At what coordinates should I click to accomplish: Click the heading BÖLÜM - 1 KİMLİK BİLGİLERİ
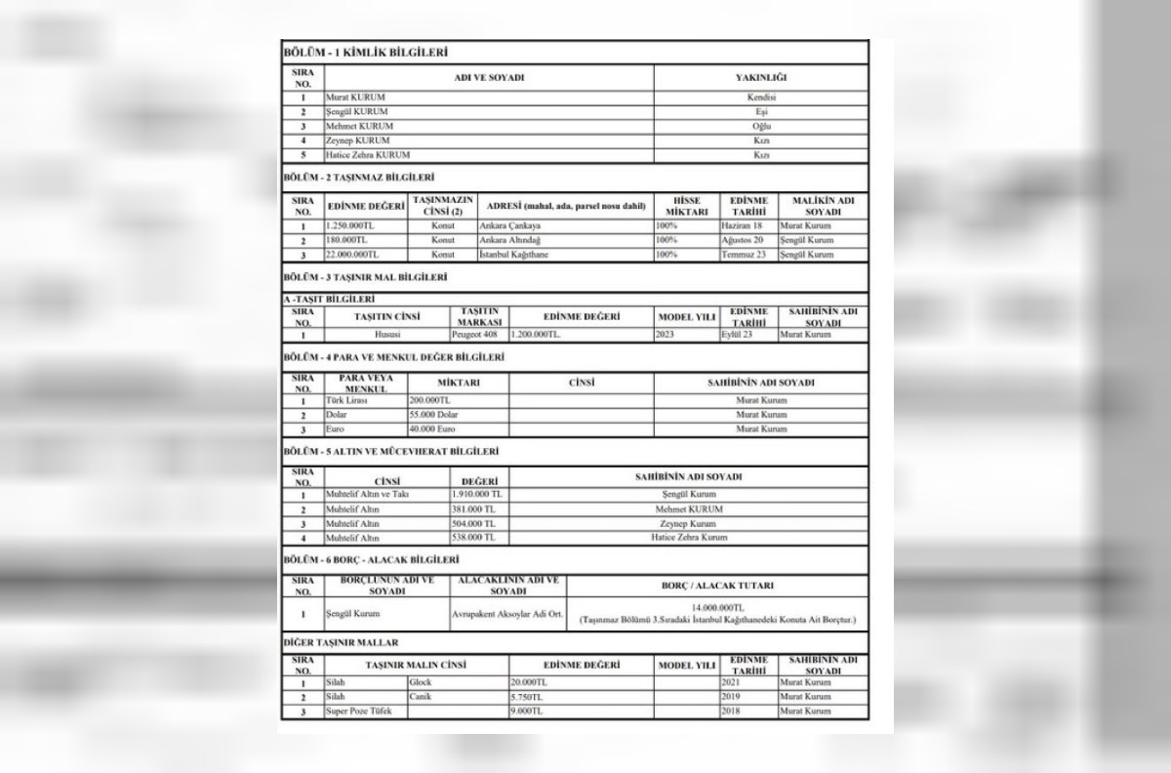pyautogui.click(x=365, y=52)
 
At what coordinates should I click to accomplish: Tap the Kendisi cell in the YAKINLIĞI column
pyautogui.click(x=760, y=98)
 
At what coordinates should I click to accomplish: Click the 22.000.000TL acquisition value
pyautogui.click(x=348, y=254)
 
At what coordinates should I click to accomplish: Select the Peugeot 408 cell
pyautogui.click(x=479, y=334)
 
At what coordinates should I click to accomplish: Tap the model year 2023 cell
pyautogui.click(x=672, y=334)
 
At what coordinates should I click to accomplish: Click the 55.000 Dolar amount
pyautogui.click(x=434, y=414)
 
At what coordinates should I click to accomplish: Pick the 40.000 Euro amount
pyautogui.click(x=433, y=428)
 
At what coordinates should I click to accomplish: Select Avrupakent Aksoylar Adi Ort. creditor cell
pyautogui.click(x=506, y=614)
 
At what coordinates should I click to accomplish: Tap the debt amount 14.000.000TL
pyautogui.click(x=717, y=607)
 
